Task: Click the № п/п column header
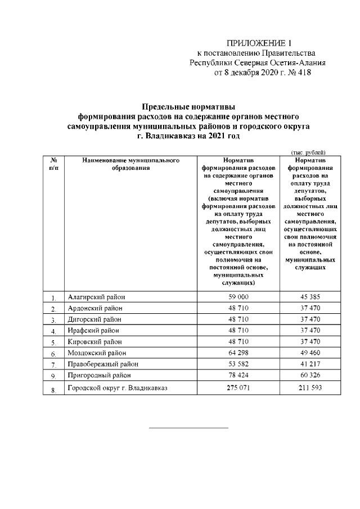point(53,164)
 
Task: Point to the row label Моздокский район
point(97,353)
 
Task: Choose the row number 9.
point(53,376)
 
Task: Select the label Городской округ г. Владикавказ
point(118,388)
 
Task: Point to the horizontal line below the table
point(188,428)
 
